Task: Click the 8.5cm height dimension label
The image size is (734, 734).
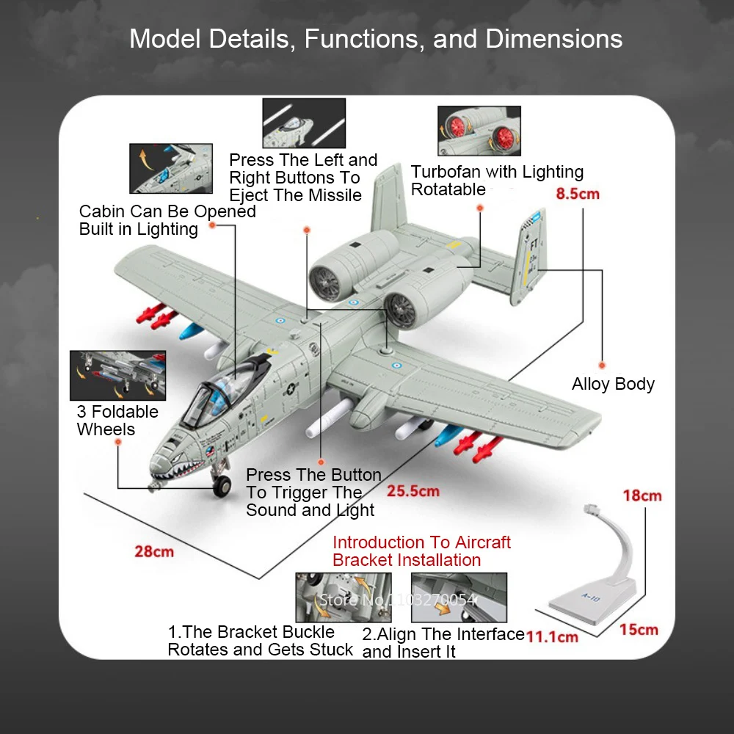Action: pos(578,194)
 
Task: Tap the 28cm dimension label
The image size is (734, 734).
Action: pos(154,550)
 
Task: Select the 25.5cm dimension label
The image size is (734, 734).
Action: pos(413,491)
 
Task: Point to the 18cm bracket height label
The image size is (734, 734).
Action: pos(642,495)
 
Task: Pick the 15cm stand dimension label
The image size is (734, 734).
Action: pos(638,630)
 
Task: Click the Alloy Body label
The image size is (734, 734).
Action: pos(613,384)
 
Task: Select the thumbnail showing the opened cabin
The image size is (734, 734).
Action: pos(171,168)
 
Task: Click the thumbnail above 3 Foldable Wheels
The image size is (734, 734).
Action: pos(117,375)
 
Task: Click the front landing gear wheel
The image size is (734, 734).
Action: pos(222,484)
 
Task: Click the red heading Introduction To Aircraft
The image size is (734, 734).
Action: pos(421,542)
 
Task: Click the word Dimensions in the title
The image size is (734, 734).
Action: pos(554,38)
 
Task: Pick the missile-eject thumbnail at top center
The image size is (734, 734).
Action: pos(304,123)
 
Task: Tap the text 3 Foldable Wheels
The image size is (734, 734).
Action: pos(117,421)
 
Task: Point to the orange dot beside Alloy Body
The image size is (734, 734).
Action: pos(601,365)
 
